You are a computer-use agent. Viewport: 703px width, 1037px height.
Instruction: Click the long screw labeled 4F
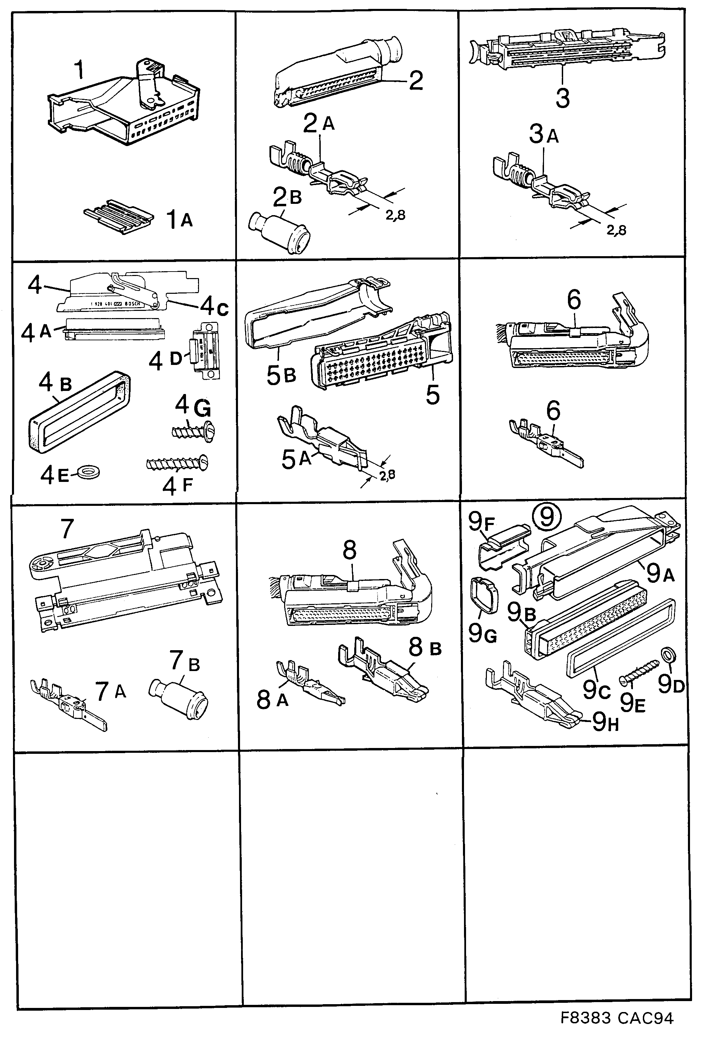(x=177, y=464)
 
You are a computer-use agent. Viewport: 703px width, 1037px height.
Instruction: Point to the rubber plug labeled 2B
(x=280, y=232)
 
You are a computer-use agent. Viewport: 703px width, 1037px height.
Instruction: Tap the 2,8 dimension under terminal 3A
(x=616, y=230)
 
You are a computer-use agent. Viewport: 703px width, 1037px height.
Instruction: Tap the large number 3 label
(x=562, y=98)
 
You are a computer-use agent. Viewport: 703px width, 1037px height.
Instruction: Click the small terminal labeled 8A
(x=309, y=683)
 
